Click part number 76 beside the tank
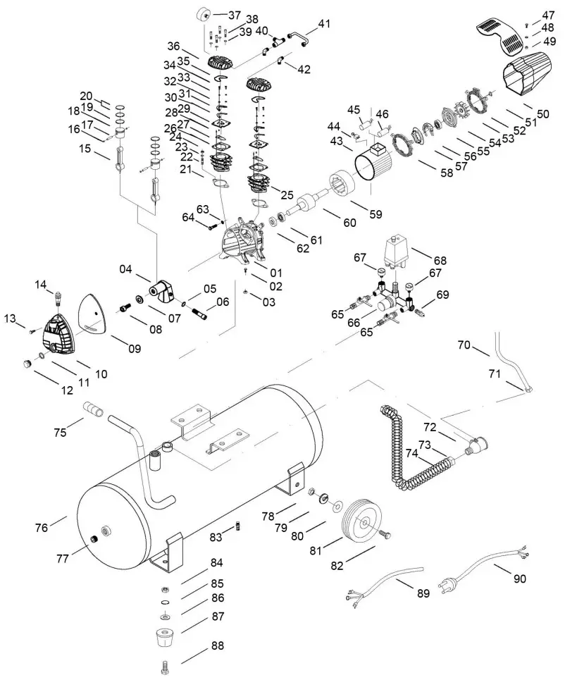point(42,527)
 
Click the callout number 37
point(234,15)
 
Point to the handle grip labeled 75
point(93,409)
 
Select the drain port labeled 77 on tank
point(94,539)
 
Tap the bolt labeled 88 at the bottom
point(164,667)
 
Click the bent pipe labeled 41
point(299,37)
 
